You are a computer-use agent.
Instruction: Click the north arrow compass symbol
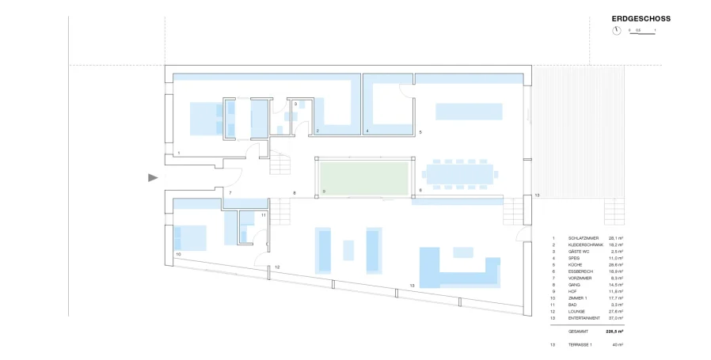(616, 31)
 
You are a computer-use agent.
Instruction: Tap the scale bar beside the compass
(643, 32)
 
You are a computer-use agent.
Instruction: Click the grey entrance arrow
(154, 178)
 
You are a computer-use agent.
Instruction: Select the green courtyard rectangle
(365, 176)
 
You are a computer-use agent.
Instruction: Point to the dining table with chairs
(460, 172)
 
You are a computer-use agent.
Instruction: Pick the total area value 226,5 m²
(613, 332)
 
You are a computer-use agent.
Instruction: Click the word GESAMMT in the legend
(579, 332)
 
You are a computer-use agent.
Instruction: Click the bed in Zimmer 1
(190, 236)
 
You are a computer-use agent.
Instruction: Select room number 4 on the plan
(367, 131)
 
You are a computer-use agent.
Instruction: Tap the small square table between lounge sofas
(348, 250)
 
